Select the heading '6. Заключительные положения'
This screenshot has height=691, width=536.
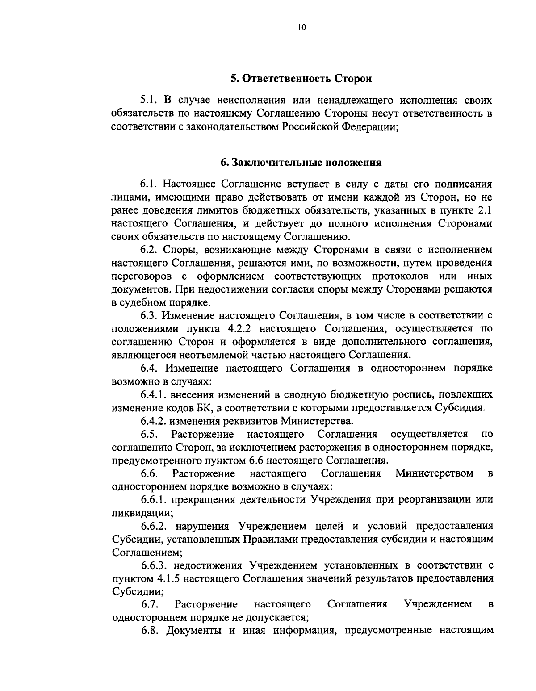[x=301, y=162]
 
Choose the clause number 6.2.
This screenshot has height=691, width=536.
[x=149, y=250]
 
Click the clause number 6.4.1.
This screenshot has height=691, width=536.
[x=154, y=394]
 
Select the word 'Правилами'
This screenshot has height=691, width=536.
[x=271, y=539]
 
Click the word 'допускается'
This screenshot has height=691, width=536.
[x=277, y=618]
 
